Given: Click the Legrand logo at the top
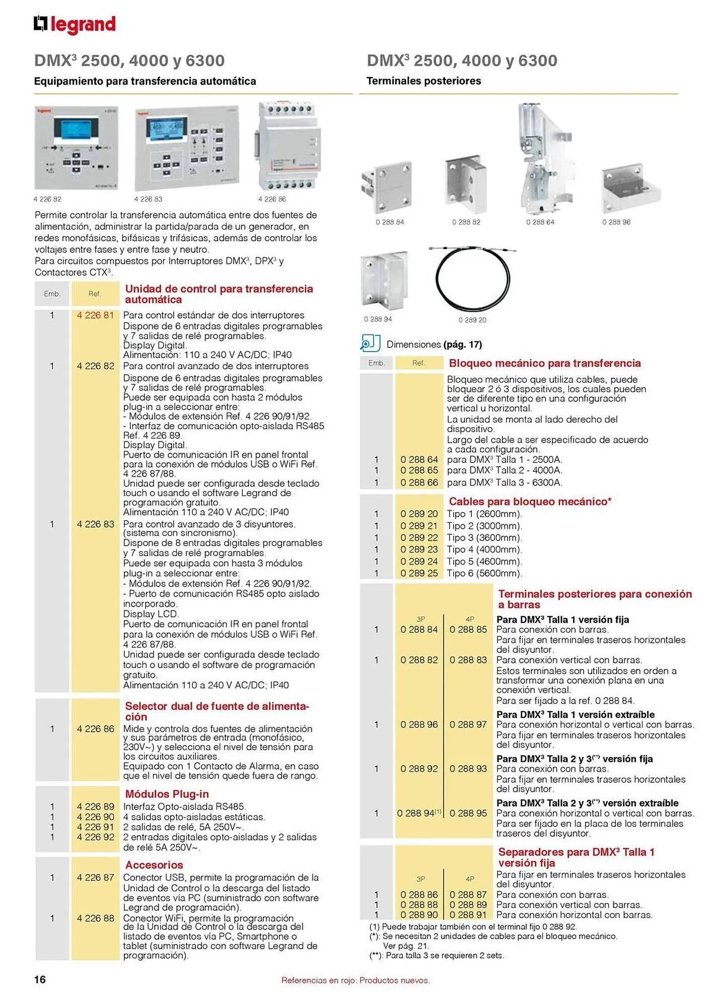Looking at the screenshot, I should (x=75, y=24).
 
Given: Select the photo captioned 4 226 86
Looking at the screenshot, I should (x=289, y=146).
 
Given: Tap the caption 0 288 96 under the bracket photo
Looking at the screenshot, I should (x=616, y=222).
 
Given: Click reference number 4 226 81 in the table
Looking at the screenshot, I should (x=95, y=315).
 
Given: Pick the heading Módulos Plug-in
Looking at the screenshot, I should (x=167, y=794).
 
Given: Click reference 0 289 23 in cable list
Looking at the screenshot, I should (x=419, y=549).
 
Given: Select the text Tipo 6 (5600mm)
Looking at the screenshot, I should (x=484, y=573).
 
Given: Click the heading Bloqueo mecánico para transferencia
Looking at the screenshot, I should (x=544, y=363).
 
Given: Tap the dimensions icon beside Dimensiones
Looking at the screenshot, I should (x=370, y=343).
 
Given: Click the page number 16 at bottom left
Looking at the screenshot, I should (x=40, y=979).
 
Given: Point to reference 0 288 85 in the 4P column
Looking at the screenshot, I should (x=468, y=629).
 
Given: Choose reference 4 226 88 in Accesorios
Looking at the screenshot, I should (x=95, y=918).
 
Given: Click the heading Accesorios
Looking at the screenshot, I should (x=154, y=865).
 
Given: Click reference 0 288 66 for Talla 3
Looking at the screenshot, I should (x=419, y=482).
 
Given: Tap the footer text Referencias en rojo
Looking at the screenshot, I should (x=355, y=980).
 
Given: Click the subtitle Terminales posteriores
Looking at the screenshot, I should (x=423, y=81).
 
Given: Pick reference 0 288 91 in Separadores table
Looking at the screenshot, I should (x=468, y=915).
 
